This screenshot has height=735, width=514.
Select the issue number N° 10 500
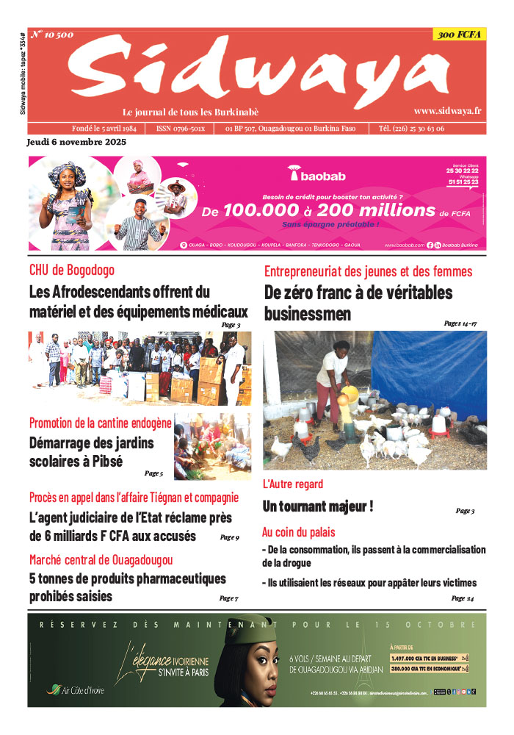coord(52,35)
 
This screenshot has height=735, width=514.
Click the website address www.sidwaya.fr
coord(447,111)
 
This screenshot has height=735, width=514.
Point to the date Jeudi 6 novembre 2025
coord(76,142)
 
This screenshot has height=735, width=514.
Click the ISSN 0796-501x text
coord(181,129)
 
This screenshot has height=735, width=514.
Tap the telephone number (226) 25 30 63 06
coord(411,129)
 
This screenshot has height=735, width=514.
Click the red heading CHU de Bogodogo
coord(72,270)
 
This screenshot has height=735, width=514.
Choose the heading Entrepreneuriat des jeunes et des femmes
coord(368,271)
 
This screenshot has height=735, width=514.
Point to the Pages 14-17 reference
coord(460,323)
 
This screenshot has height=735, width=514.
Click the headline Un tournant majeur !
coord(318,506)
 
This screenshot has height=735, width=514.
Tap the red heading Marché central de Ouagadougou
coord(101,560)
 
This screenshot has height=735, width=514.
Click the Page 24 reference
coord(462,598)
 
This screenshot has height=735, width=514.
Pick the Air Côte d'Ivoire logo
coord(76,689)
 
